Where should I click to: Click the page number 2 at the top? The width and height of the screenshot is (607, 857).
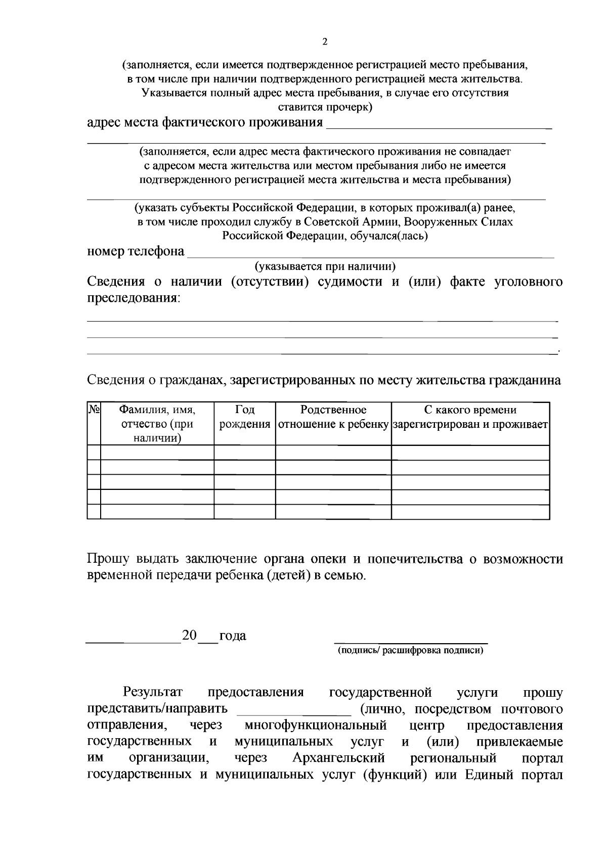pyautogui.click(x=325, y=42)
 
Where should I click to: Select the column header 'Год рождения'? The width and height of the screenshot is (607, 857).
pyautogui.click(x=245, y=417)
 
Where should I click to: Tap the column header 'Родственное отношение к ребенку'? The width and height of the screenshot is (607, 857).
pyautogui.click(x=333, y=417)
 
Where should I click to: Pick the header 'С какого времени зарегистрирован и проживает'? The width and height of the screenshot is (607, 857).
pyautogui.click(x=470, y=417)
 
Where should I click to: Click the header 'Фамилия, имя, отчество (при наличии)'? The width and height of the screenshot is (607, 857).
pyautogui.click(x=157, y=424)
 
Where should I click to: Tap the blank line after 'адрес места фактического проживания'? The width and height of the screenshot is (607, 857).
pyautogui.click(x=439, y=125)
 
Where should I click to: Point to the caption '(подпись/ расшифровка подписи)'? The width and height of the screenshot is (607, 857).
pyautogui.click(x=411, y=651)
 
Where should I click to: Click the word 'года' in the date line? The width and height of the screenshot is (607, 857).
pyautogui.click(x=233, y=636)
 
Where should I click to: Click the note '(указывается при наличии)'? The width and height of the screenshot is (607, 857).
pyautogui.click(x=325, y=266)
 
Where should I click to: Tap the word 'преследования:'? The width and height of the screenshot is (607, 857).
pyautogui.click(x=134, y=298)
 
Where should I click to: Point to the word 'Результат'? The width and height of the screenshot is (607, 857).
pyautogui.click(x=153, y=692)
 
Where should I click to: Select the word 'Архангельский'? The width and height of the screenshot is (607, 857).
pyautogui.click(x=338, y=758)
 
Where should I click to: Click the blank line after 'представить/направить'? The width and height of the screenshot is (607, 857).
pyautogui.click(x=294, y=711)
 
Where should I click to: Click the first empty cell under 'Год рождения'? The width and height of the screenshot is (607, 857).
pyautogui.click(x=245, y=453)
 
